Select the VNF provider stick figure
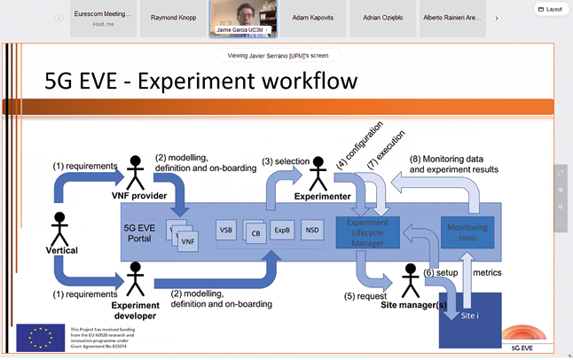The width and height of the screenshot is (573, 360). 135,170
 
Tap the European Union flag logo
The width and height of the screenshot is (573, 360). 40,338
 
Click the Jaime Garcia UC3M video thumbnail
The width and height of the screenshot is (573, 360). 240,18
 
